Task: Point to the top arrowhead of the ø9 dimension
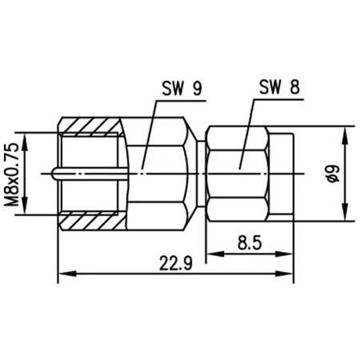coord(346,130)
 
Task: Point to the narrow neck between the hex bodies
coord(202,172)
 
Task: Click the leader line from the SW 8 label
coord(248,128)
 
